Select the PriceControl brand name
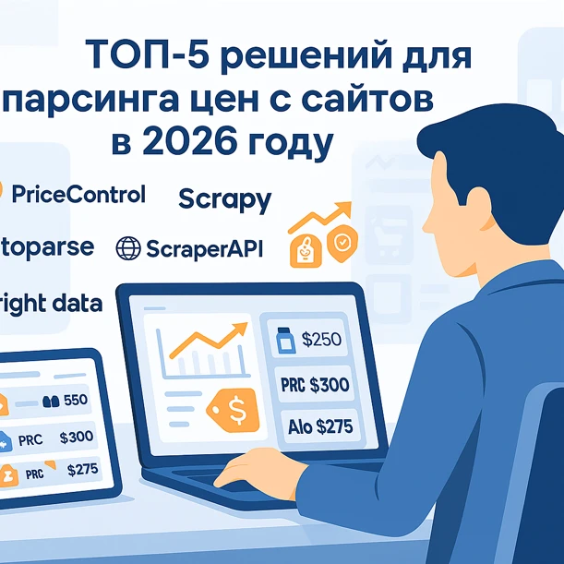pos(79,194)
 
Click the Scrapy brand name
pos(224,198)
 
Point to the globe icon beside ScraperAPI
pos(128,247)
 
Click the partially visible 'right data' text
pos(51,303)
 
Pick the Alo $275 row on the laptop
pos(313,426)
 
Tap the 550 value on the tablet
pos(75,401)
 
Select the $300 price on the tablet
pos(75,437)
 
